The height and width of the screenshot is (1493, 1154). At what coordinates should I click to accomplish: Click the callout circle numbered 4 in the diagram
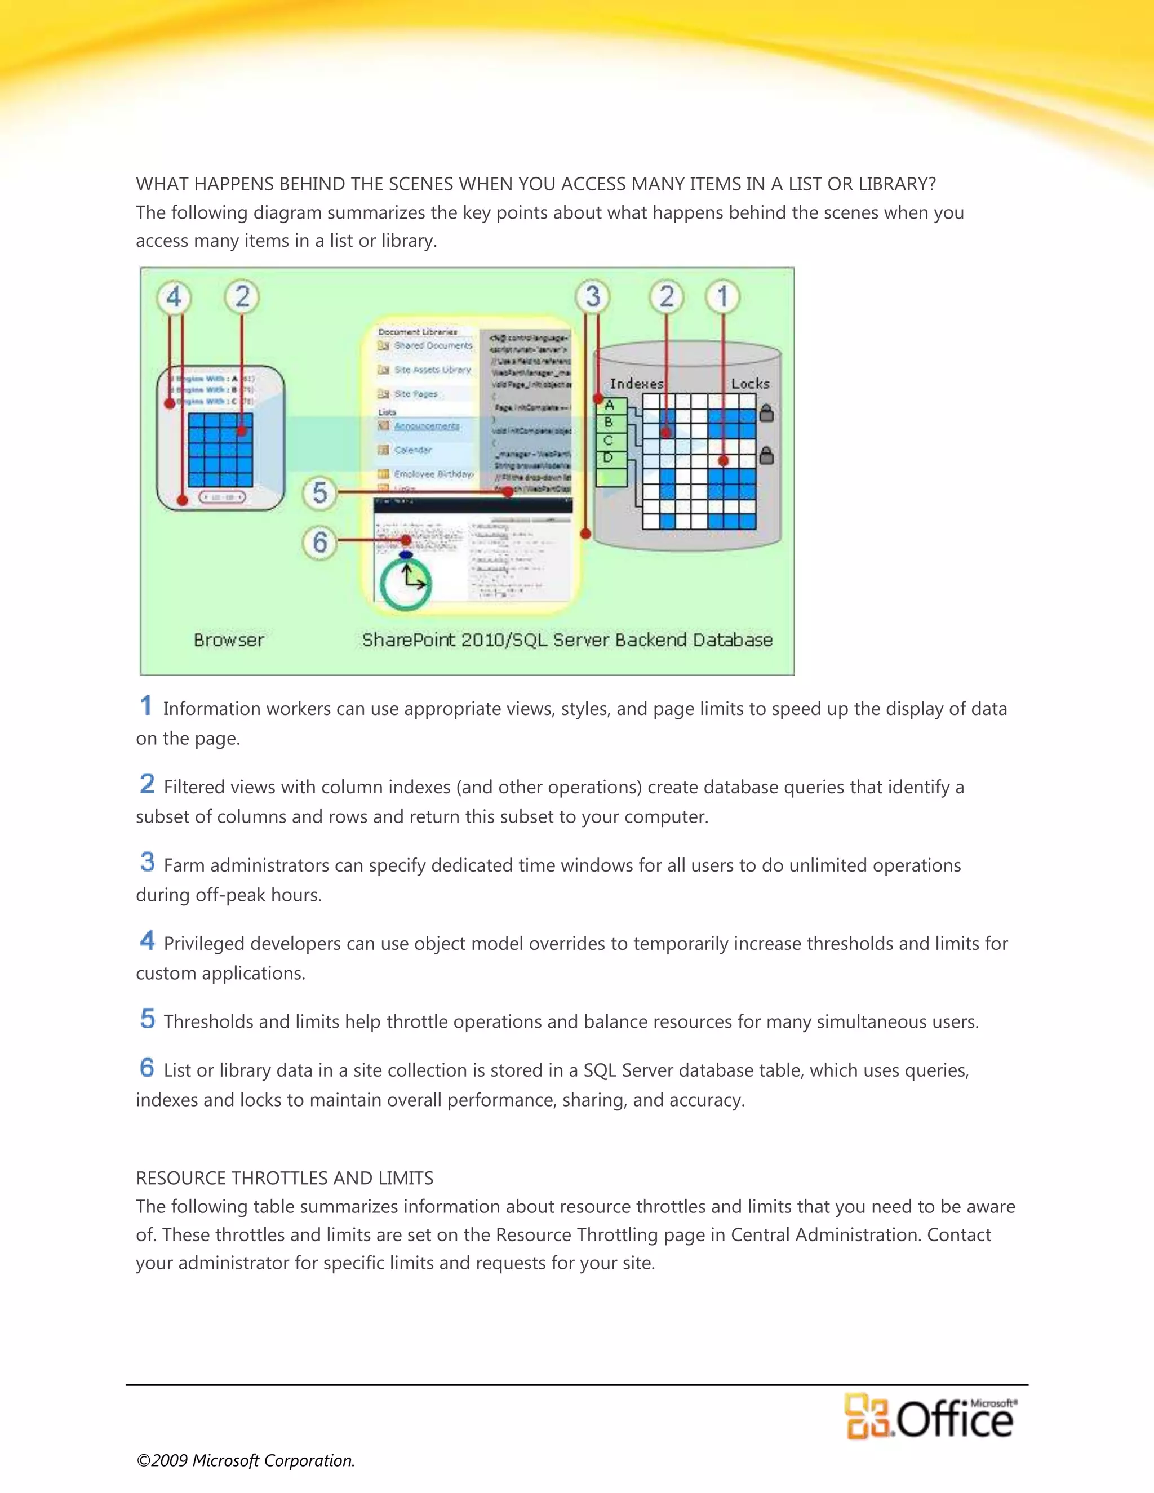pyautogui.click(x=174, y=297)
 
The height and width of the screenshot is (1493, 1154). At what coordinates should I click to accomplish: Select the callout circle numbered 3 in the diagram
pyautogui.click(x=592, y=297)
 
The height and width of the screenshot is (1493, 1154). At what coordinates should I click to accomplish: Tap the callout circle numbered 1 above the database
pyautogui.click(x=722, y=297)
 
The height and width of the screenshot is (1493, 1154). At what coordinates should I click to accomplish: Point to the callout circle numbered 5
pyautogui.click(x=320, y=493)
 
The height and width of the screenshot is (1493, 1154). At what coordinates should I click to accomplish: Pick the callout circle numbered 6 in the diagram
pyautogui.click(x=320, y=543)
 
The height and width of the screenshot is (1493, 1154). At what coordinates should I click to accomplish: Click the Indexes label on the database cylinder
pyautogui.click(x=636, y=384)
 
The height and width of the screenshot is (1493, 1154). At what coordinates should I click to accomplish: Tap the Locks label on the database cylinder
pyautogui.click(x=750, y=384)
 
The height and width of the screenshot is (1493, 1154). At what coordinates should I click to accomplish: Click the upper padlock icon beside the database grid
pyautogui.click(x=767, y=413)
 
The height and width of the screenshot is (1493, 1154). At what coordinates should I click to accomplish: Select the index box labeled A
pyautogui.click(x=609, y=406)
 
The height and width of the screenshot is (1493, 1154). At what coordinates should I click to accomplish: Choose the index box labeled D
pyautogui.click(x=609, y=457)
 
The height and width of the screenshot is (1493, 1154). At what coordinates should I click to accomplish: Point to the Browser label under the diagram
pyautogui.click(x=228, y=640)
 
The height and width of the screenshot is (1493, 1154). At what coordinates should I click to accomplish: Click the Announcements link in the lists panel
pyautogui.click(x=427, y=426)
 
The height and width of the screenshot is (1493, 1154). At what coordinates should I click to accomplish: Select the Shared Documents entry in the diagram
pyautogui.click(x=433, y=346)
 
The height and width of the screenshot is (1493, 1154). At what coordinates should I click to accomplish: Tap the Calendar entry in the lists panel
pyautogui.click(x=413, y=450)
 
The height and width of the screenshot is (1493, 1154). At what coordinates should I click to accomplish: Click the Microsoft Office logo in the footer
pyautogui.click(x=930, y=1417)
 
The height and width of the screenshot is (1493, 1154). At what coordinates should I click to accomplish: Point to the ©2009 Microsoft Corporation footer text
pyautogui.click(x=246, y=1460)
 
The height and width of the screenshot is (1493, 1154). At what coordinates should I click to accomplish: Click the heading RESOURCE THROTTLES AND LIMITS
pyautogui.click(x=285, y=1178)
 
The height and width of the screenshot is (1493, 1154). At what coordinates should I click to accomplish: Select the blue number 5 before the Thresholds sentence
pyautogui.click(x=147, y=1019)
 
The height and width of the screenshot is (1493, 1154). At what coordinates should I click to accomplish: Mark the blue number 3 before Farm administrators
pyautogui.click(x=147, y=862)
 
